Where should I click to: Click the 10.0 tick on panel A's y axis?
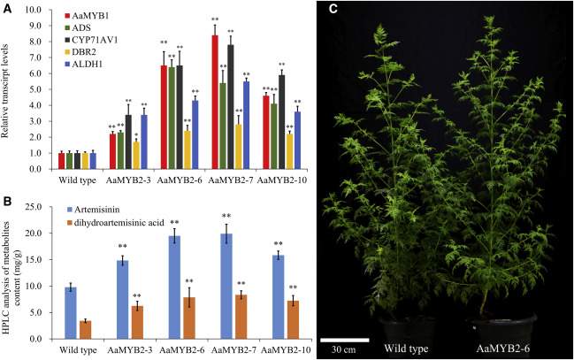(x=42, y=11)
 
